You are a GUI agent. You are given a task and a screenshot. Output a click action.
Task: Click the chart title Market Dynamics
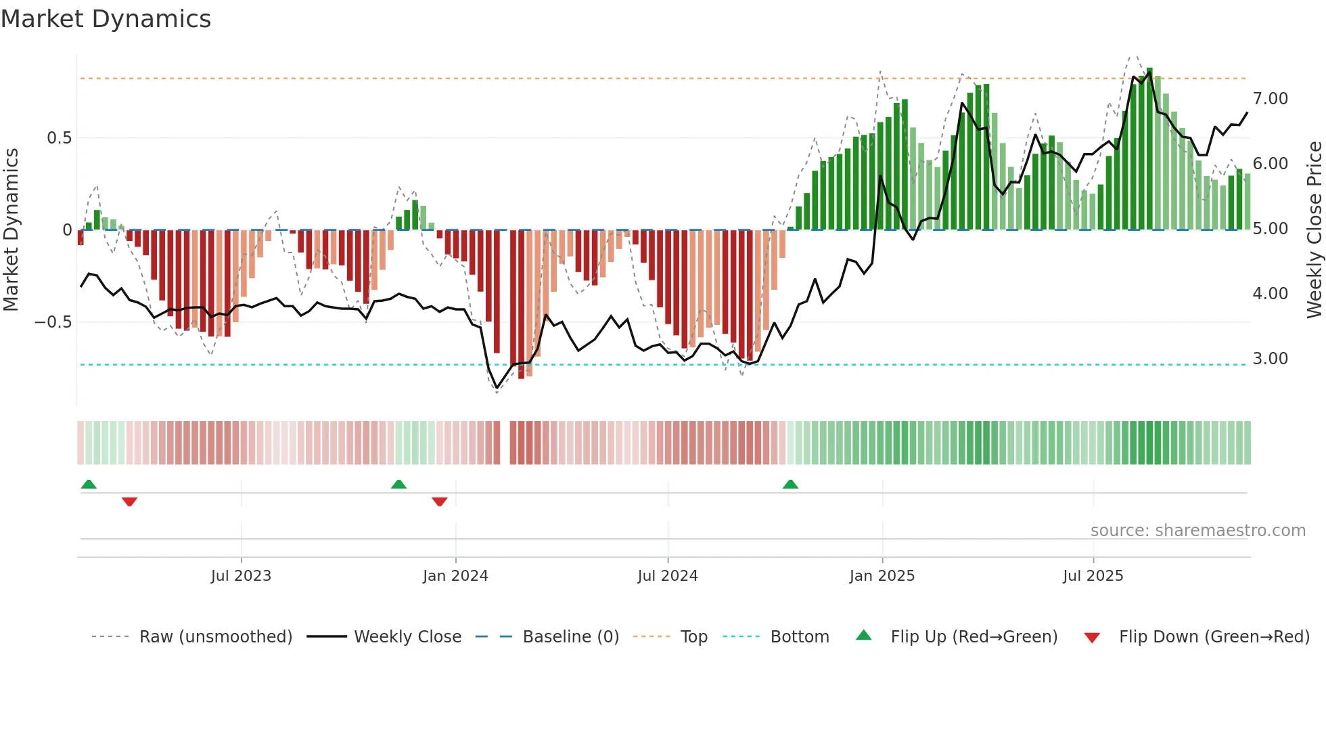point(106,19)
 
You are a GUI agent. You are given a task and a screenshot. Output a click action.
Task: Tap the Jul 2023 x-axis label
point(241,576)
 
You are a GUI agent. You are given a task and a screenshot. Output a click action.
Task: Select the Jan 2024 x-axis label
point(455,576)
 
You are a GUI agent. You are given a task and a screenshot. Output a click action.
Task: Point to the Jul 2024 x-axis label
point(668,576)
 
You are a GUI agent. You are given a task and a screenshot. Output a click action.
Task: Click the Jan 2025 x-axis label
point(882,576)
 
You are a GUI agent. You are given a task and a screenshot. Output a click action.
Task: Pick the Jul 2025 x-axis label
point(1093,576)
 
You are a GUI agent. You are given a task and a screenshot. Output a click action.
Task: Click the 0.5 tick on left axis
point(59,138)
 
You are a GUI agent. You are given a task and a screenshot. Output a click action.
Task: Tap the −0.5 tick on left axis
point(53,322)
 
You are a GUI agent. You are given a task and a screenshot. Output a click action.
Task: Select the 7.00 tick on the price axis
point(1270,99)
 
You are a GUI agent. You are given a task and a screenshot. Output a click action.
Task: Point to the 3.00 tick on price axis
point(1270,359)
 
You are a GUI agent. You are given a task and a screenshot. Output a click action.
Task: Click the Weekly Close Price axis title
point(1314,230)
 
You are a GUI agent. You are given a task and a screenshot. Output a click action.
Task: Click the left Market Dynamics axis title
point(11,230)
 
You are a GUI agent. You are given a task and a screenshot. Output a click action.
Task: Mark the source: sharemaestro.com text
point(1197,531)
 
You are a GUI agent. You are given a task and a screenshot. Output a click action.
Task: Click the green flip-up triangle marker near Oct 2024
point(790,484)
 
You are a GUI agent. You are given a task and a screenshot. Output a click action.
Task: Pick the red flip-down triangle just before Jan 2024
point(440,502)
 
